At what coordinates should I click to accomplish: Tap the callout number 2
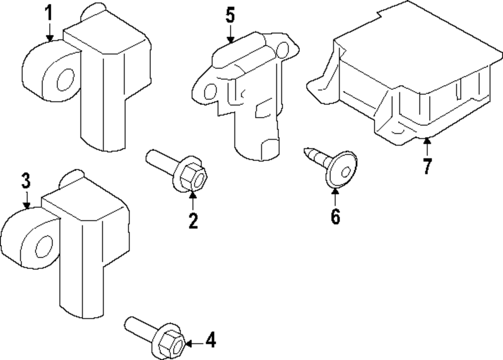[193, 221]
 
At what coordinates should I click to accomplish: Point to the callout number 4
[211, 340]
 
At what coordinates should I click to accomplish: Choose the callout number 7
[427, 166]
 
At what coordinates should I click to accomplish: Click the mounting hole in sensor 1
[64, 81]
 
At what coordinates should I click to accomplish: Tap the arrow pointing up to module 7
[427, 147]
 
